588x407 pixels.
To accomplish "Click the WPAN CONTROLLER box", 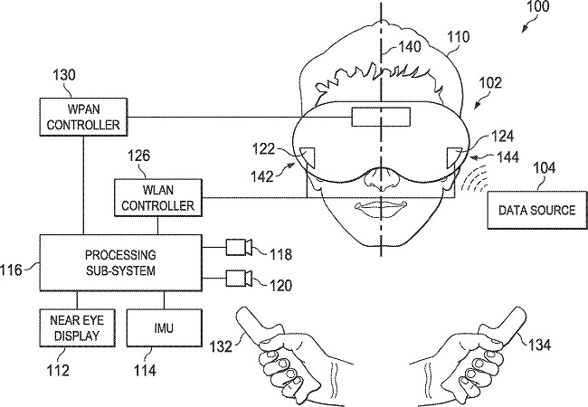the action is click(83, 117).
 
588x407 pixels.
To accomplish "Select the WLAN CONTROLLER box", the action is click(158, 197).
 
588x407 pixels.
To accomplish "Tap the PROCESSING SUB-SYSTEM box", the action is click(120, 262).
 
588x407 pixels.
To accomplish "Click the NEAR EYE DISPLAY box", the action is click(77, 327).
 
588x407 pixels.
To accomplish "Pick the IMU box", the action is click(165, 327).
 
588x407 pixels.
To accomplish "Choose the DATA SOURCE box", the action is click(537, 210).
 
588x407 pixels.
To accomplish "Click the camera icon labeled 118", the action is click(239, 247).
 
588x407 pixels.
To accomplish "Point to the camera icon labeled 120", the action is click(239, 278).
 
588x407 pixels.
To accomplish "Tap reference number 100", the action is click(538, 6).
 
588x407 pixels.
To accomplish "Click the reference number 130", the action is click(63, 74).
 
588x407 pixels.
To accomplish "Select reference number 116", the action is click(12, 270).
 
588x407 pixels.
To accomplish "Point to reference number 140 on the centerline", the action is click(409, 47).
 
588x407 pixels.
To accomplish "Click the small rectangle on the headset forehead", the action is click(381, 117).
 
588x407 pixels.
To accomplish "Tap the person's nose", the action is click(380, 179).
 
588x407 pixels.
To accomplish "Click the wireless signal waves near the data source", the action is click(473, 178).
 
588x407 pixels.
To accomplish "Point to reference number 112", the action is click(58, 371).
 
